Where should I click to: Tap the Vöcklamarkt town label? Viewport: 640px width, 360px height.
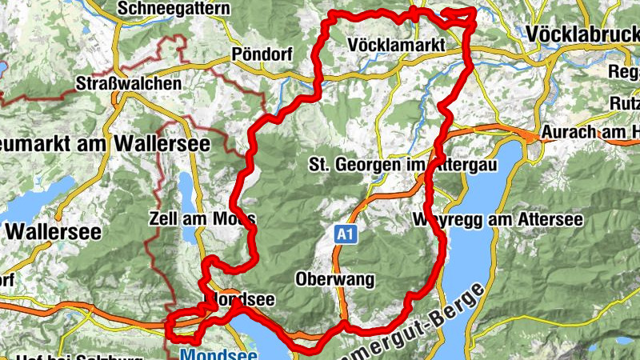[x=396, y=47]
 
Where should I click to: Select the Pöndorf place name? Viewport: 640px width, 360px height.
[x=262, y=55]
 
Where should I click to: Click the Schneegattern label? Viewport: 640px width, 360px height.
[x=173, y=9]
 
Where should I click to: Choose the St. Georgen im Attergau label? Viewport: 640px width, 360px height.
[x=403, y=165]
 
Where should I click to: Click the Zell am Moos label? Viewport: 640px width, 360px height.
[x=202, y=218]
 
